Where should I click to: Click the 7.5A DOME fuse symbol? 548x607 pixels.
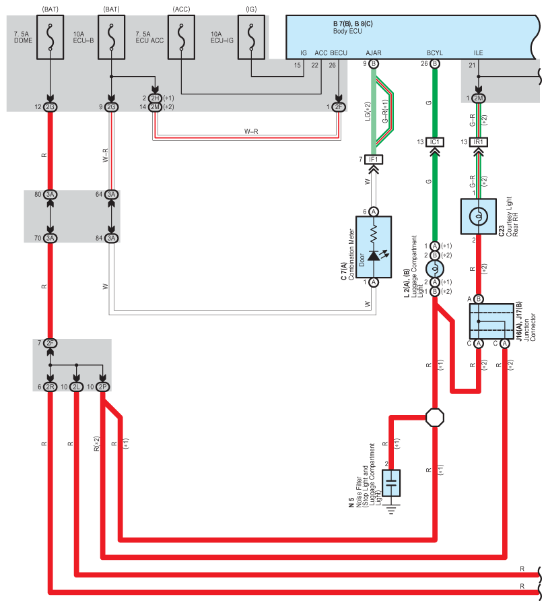tap(50, 37)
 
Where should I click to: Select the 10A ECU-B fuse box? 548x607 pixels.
tap(111, 37)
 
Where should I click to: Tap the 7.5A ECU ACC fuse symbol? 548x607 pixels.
tap(181, 37)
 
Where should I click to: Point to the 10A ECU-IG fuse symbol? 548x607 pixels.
tap(251, 37)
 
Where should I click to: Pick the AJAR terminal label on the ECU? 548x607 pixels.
tap(374, 53)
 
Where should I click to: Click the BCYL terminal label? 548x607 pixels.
tap(435, 53)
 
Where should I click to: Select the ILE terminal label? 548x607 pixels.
tap(479, 53)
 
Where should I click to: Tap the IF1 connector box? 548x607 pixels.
tap(373, 160)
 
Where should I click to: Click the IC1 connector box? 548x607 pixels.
tap(435, 142)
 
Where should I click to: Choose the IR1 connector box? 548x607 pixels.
tap(479, 142)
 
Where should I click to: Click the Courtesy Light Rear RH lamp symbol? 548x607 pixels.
tap(479, 216)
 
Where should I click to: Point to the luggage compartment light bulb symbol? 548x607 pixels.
tap(435, 269)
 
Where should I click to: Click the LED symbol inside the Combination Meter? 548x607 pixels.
tap(374, 255)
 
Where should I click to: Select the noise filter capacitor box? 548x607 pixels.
tap(391, 483)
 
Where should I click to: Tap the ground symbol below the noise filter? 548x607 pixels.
tap(391, 509)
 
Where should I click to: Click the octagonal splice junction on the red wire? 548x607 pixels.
tap(435, 418)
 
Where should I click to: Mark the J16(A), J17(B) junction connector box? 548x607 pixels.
tap(491, 321)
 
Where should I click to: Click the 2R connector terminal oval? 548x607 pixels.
tap(50, 387)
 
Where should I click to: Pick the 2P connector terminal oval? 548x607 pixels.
tap(102, 387)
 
